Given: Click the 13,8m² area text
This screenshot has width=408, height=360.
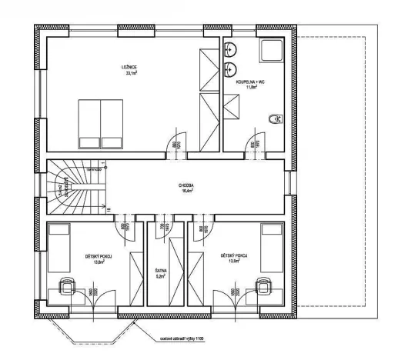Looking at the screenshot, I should (x=99, y=262).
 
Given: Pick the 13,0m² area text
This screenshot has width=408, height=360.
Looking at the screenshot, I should (x=233, y=262).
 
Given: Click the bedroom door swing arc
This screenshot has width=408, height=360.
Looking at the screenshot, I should (x=176, y=144).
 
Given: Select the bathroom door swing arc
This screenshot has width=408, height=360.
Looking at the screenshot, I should (x=250, y=144).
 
